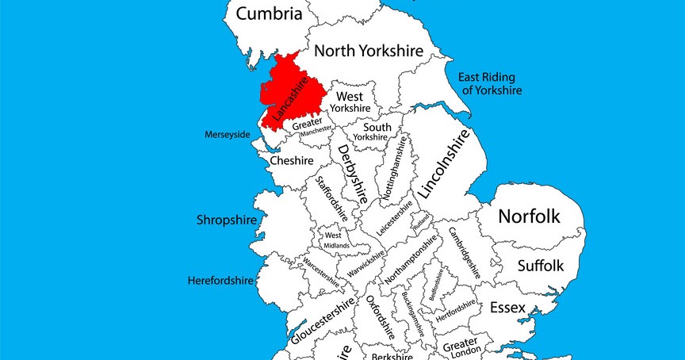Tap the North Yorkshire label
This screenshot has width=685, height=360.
coord(369,51)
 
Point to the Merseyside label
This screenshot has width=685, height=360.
coord(227,134)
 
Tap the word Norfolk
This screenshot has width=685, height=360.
coord(529,216)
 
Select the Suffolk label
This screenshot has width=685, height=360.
coord(540,266)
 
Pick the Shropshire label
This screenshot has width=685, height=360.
coord(226,220)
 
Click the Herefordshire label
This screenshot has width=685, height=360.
coord(220,281)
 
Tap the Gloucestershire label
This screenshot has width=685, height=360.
coord(321,323)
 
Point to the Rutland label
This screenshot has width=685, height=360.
coord(420,218)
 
